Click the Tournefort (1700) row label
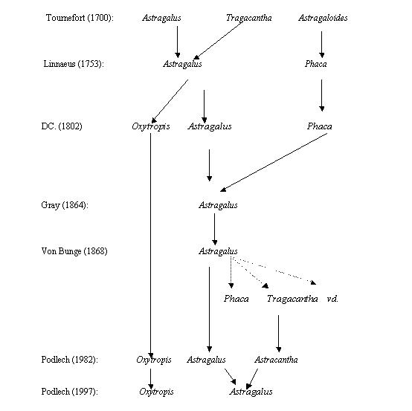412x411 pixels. coord(80,18)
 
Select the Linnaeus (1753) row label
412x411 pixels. coord(74,64)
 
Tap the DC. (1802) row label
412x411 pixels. coord(62,126)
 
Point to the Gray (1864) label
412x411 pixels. coord(65,205)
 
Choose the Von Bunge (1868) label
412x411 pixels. coord(74,251)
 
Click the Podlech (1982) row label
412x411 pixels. coord(70,359)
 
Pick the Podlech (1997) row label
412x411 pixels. coord(70,391)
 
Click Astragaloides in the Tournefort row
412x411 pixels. coord(323,18)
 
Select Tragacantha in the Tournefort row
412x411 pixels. coord(249,18)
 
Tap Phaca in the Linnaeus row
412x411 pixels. coord(316,64)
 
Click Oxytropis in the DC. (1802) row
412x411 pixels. coord(151,126)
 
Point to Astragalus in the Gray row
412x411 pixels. coord(218,205)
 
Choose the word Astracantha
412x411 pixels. coord(276,359)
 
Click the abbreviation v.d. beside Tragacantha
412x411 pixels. coord(332,299)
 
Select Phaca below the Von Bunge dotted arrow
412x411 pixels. coord(236,299)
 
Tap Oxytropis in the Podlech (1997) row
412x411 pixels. coord(156,392)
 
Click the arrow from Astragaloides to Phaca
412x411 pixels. coord(321,45)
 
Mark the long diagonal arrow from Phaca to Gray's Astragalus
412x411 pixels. coord(274,162)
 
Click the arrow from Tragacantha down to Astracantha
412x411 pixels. coord(279,334)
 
